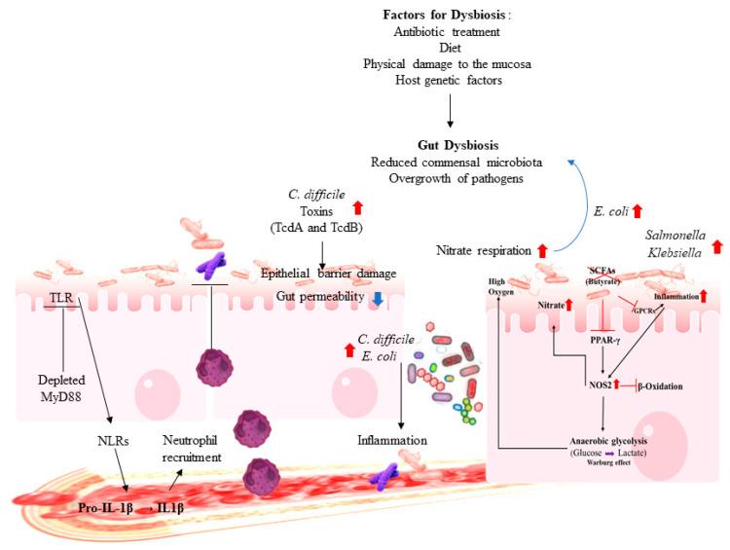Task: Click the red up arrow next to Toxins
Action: tap(357, 207)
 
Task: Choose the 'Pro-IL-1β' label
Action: tap(105, 508)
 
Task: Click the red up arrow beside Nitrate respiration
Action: tap(542, 251)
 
